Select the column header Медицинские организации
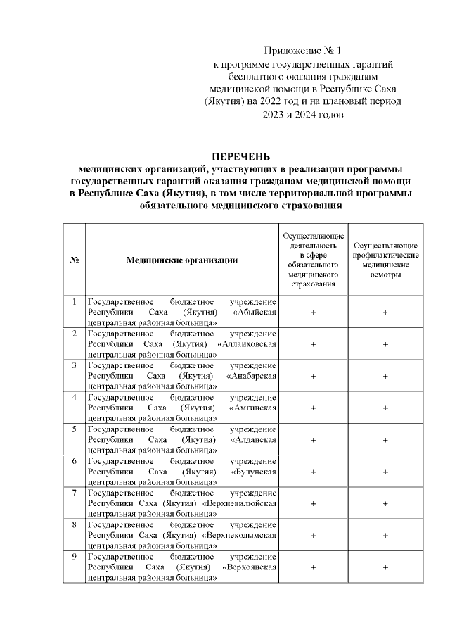pyautogui.click(x=181, y=260)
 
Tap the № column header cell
pyautogui.click(x=74, y=260)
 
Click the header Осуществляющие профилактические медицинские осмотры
pyautogui.click(x=385, y=260)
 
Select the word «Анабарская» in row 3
pyautogui.click(x=252, y=376)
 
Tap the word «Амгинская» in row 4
pyautogui.click(x=253, y=408)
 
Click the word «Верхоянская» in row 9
pyautogui.click(x=249, y=568)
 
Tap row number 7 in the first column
pyautogui.click(x=74, y=493)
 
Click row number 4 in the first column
pyautogui.click(x=74, y=398)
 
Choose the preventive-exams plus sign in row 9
pyautogui.click(x=385, y=568)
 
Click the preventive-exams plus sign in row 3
pyautogui.click(x=385, y=376)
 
